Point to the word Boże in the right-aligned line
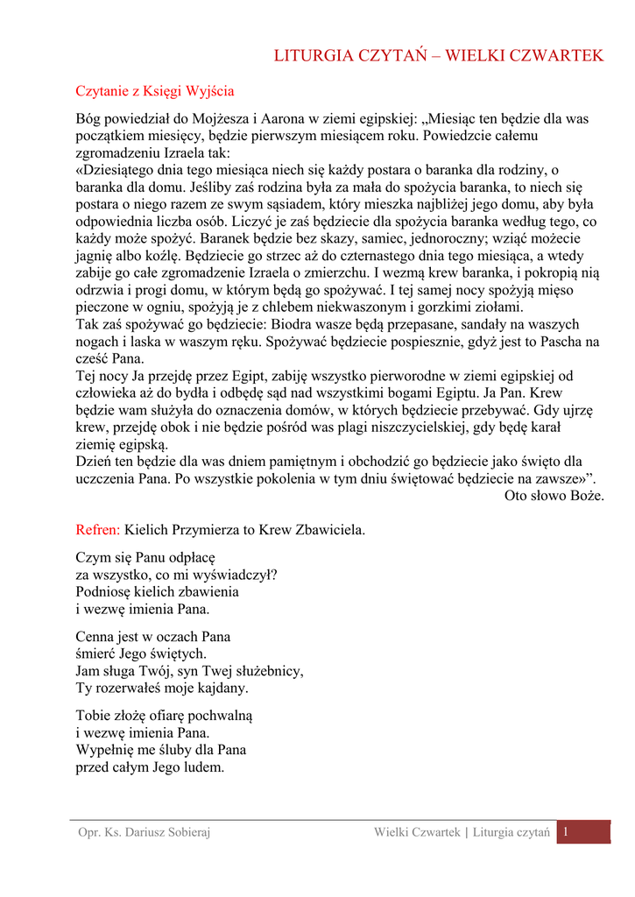pyautogui.click(x=585, y=495)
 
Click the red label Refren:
pyautogui.click(x=98, y=530)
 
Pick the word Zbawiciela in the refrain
pyautogui.click(x=331, y=530)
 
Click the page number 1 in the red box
pyautogui.click(x=567, y=831)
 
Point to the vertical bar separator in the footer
pyautogui.click(x=467, y=832)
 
